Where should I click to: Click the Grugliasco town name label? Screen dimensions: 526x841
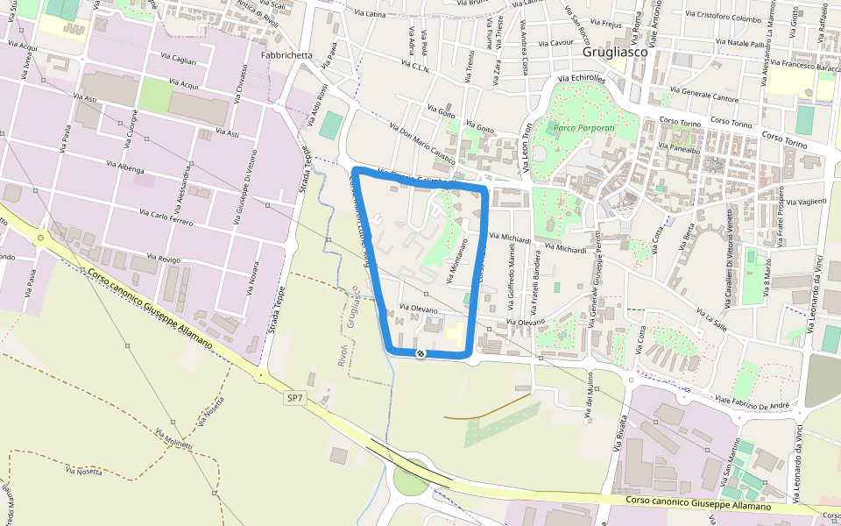pyautogui.click(x=614, y=52)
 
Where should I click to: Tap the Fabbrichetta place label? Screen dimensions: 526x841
pyautogui.click(x=286, y=55)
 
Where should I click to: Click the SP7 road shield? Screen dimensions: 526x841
pyautogui.click(x=295, y=398)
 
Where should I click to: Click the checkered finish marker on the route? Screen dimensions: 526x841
pyautogui.click(x=420, y=353)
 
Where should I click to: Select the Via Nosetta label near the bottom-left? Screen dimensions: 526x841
pyautogui.click(x=83, y=472)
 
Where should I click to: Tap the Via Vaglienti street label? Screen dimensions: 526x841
pyautogui.click(x=807, y=201)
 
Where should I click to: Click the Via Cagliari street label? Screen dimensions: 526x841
pyautogui.click(x=178, y=60)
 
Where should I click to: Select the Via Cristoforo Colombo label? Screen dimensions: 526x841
pyautogui.click(x=724, y=17)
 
